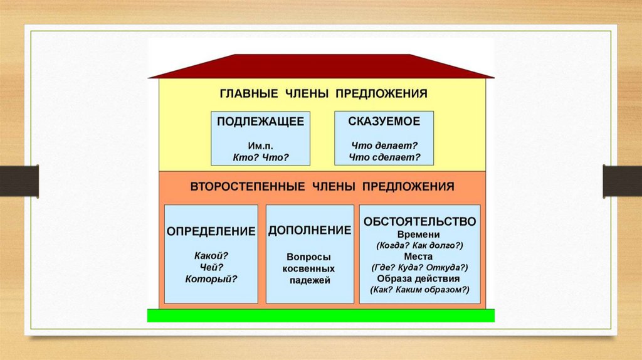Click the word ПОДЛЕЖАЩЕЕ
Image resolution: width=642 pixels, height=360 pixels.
[x=260, y=121]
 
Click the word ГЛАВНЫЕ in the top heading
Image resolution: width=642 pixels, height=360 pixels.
[x=248, y=93]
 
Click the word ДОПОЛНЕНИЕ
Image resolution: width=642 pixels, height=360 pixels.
[x=310, y=230]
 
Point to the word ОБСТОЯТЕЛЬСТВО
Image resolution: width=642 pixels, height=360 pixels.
[x=419, y=221]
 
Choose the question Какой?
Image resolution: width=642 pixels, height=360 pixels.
[x=211, y=255]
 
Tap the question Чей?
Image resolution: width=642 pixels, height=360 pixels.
[x=211, y=267]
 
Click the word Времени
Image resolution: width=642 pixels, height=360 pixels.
[x=419, y=234]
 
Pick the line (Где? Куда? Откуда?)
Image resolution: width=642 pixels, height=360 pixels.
[x=419, y=267]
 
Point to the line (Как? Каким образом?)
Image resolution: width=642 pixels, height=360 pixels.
[x=419, y=290]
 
